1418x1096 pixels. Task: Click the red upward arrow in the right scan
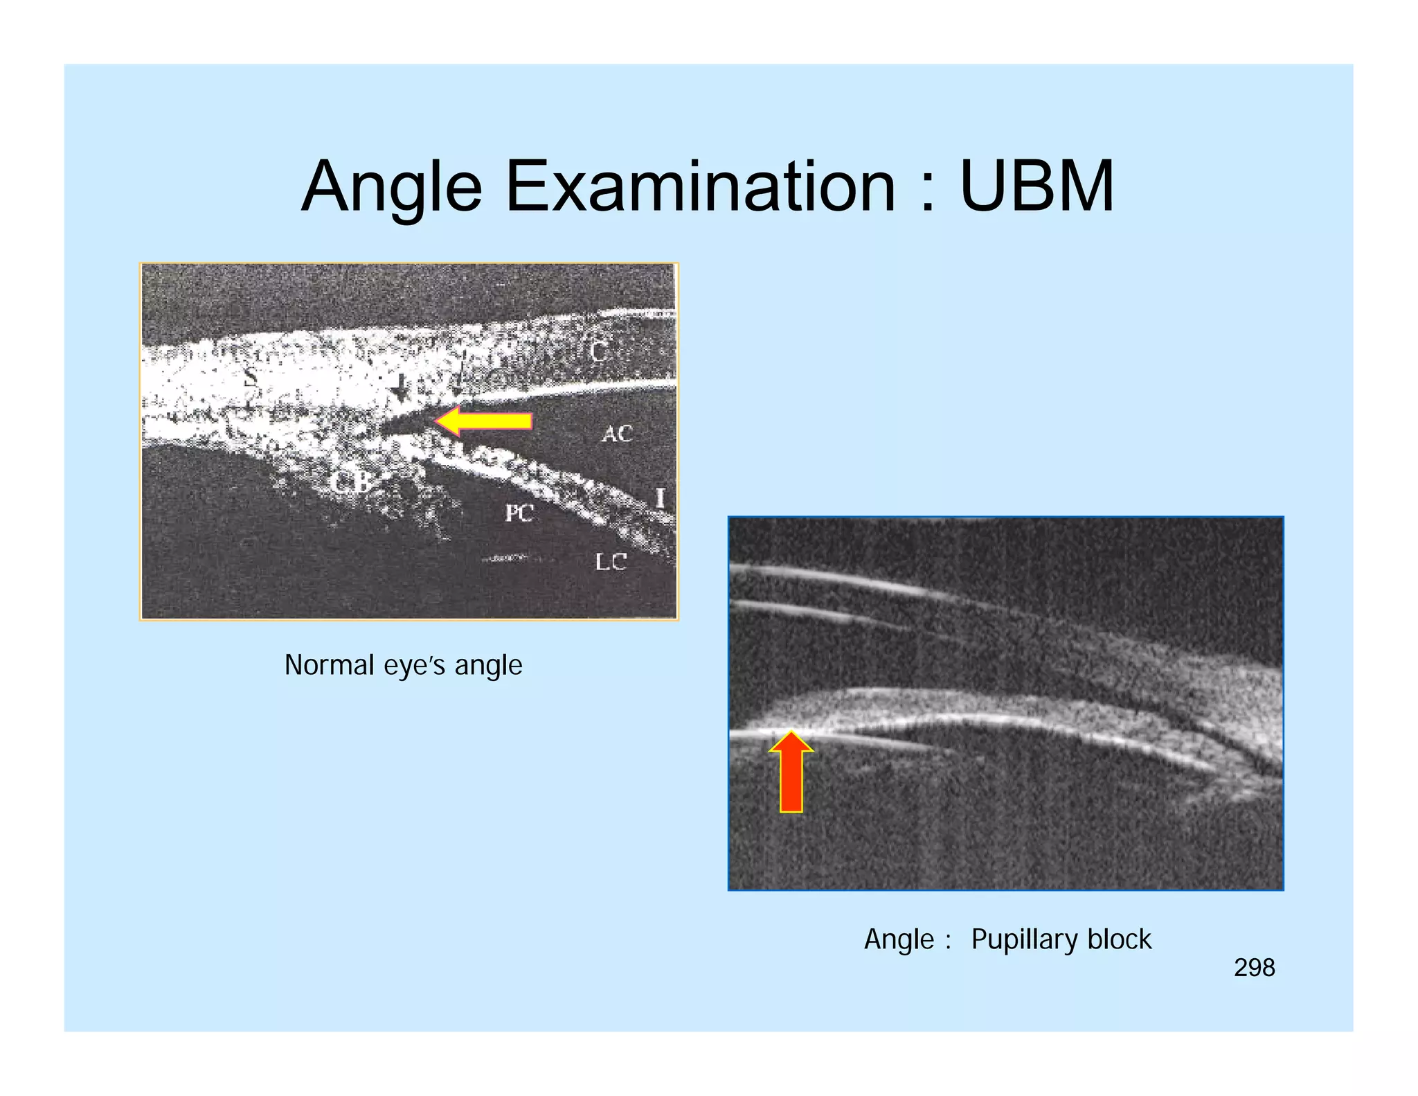[x=791, y=772]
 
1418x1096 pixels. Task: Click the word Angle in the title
[x=392, y=187]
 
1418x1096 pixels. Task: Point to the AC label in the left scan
[x=617, y=434]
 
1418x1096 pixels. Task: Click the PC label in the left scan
[x=519, y=513]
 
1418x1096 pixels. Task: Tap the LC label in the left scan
[x=611, y=562]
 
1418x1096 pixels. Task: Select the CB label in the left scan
[x=352, y=482]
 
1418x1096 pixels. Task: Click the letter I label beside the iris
[x=660, y=498]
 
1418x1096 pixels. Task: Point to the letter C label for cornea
[x=598, y=351]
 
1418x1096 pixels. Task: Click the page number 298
[x=1254, y=968]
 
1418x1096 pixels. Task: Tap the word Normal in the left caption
[x=329, y=665]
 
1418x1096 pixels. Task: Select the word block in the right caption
[x=1119, y=939]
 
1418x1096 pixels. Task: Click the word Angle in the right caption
[x=899, y=940]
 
